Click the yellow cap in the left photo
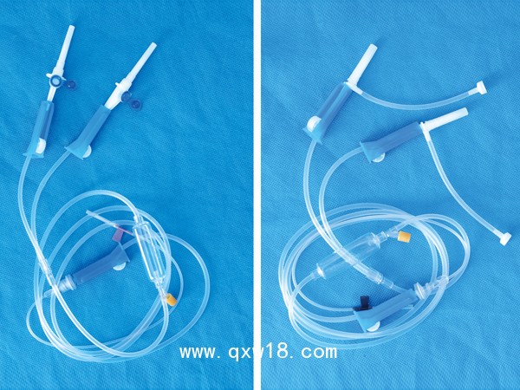point(172,299)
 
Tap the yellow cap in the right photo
point(406,236)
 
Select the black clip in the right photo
point(361,303)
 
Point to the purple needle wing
point(118,235)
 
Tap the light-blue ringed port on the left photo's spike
point(54,80)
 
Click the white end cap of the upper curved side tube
point(481,88)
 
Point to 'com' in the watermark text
point(319,352)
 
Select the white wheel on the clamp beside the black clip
point(373,326)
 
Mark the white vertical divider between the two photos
point(257,195)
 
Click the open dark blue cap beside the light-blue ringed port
point(70,86)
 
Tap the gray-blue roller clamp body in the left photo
point(102,262)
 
